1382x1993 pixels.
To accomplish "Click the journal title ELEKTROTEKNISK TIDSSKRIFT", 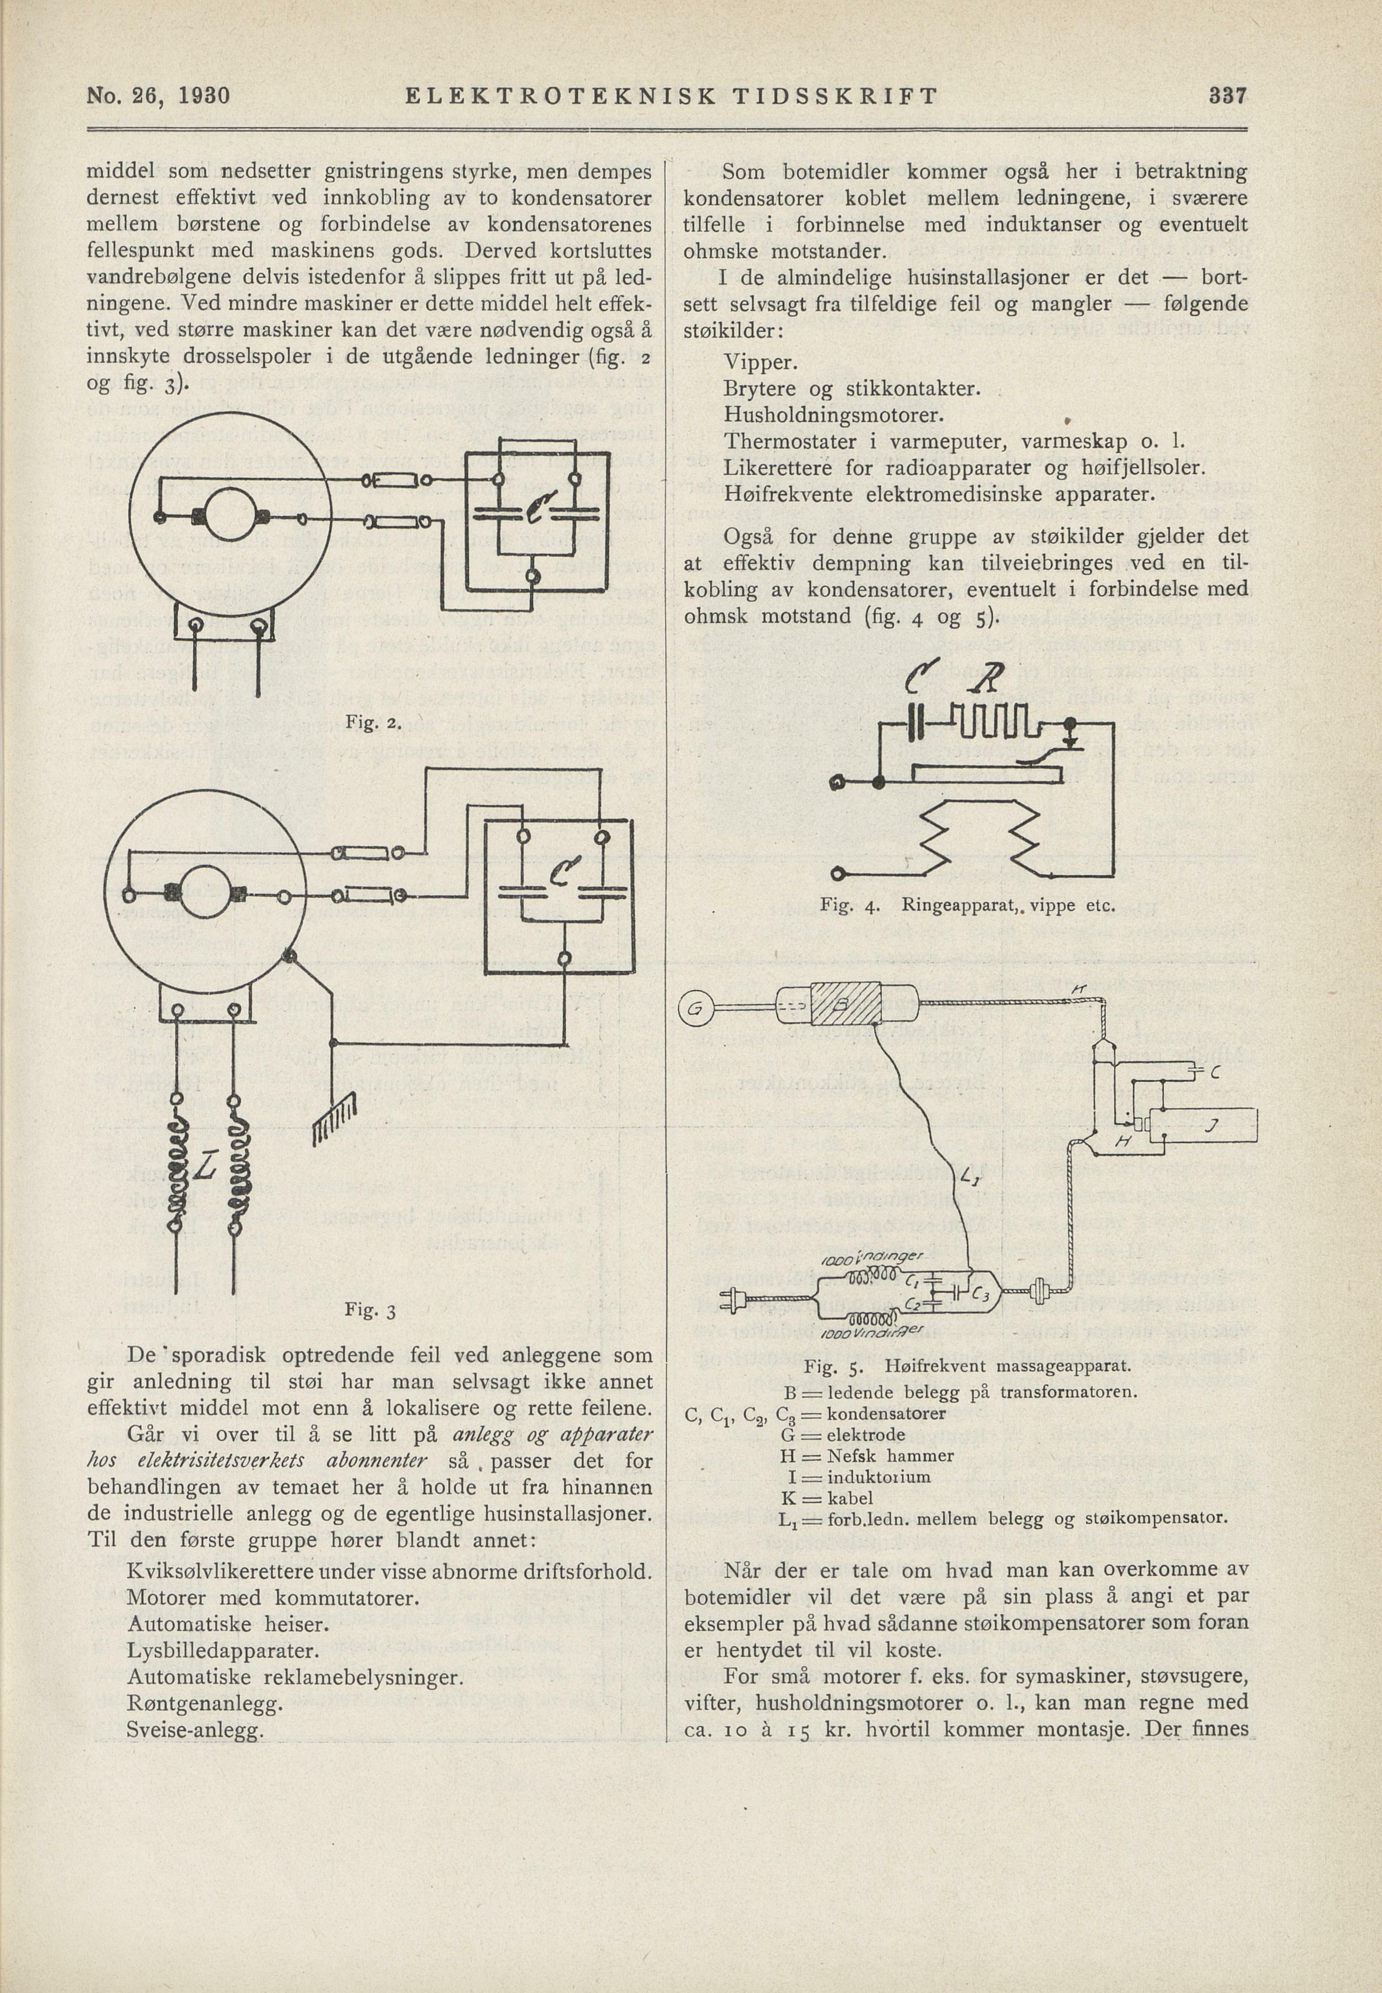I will pyautogui.click(x=671, y=96).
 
